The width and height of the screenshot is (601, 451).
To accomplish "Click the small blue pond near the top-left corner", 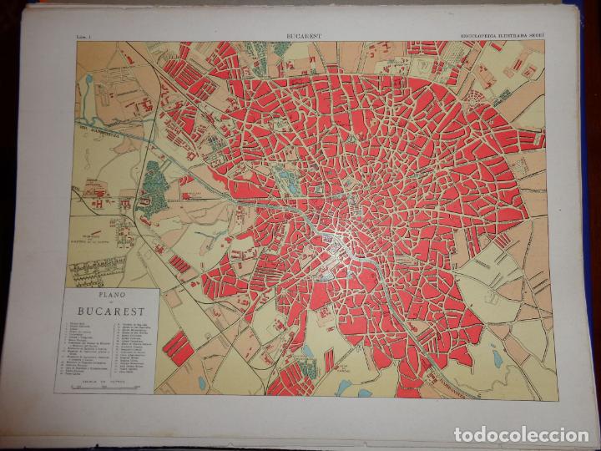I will (x=88, y=79).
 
